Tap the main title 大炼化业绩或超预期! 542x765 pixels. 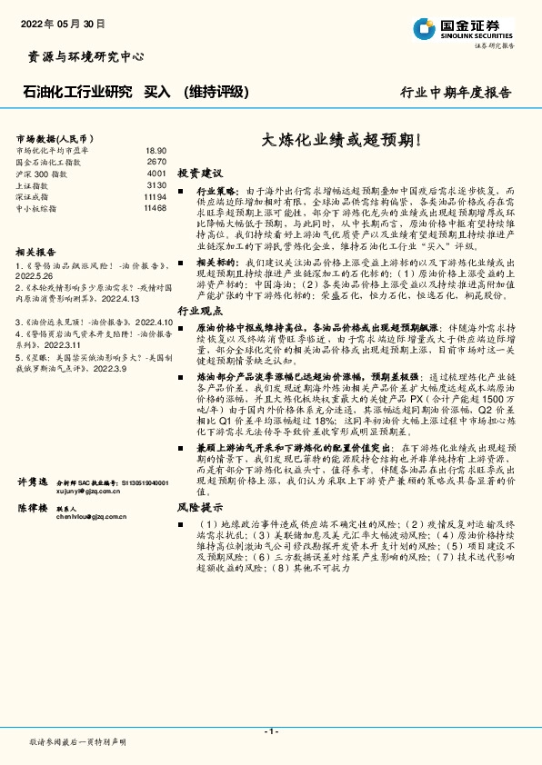(342, 140)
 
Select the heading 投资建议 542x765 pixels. (199, 173)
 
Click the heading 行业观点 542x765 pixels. (199, 311)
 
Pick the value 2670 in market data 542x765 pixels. (156, 162)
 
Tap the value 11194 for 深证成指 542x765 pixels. (155, 196)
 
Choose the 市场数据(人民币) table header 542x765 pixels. (53, 135)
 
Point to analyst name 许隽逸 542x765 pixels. (33, 481)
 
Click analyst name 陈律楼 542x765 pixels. (33, 508)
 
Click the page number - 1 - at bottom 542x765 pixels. (270, 730)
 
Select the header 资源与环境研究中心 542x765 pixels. (80, 56)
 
